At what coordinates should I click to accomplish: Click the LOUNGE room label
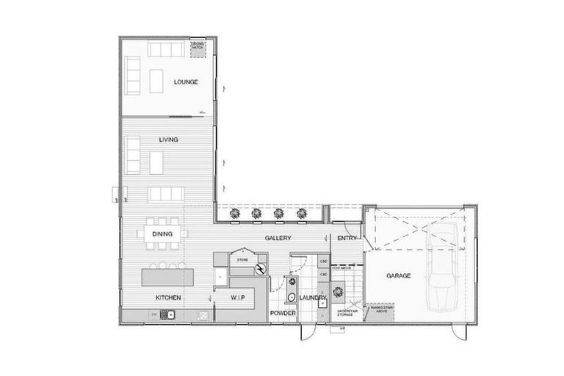click(187, 82)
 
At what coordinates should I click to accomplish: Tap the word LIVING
click(169, 139)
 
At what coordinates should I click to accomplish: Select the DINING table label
click(162, 234)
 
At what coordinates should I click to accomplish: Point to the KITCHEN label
click(168, 297)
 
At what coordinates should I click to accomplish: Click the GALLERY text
click(278, 239)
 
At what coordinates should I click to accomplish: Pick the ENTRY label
click(347, 239)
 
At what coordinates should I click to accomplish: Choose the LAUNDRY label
click(312, 297)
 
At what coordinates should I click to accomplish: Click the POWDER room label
click(282, 313)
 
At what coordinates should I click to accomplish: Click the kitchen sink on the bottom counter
click(168, 315)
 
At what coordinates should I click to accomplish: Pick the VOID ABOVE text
click(342, 268)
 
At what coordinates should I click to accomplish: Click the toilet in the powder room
click(291, 297)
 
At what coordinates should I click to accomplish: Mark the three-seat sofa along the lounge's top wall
click(168, 50)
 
